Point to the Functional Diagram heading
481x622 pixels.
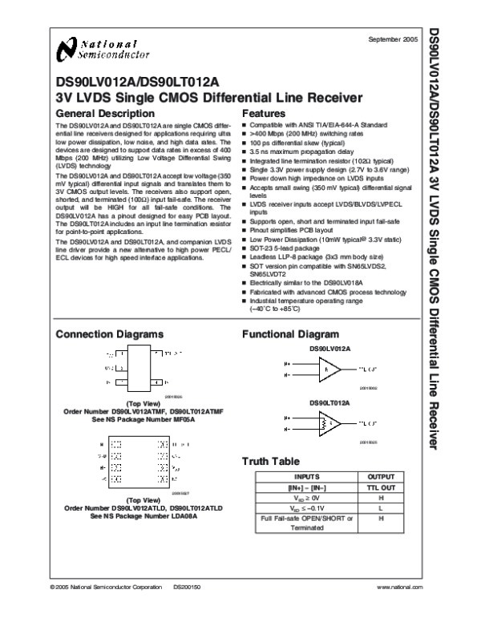pyautogui.click(x=277, y=333)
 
